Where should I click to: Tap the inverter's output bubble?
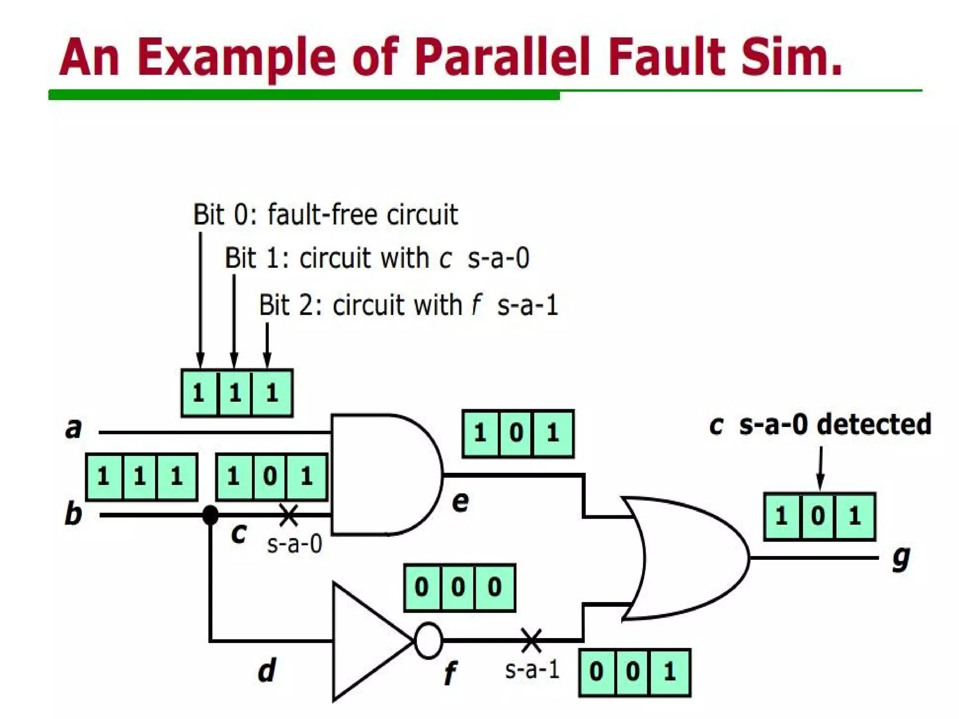click(428, 640)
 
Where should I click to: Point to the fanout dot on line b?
click(210, 515)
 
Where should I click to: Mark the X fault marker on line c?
click(289, 515)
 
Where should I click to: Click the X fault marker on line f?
click(531, 640)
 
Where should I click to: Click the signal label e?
click(460, 502)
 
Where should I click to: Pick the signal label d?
click(267, 670)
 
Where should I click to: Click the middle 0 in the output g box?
click(819, 516)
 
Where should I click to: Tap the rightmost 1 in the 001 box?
click(670, 672)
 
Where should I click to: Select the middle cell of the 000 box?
click(458, 587)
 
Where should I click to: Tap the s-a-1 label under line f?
click(532, 670)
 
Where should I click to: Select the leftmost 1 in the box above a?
click(199, 392)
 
